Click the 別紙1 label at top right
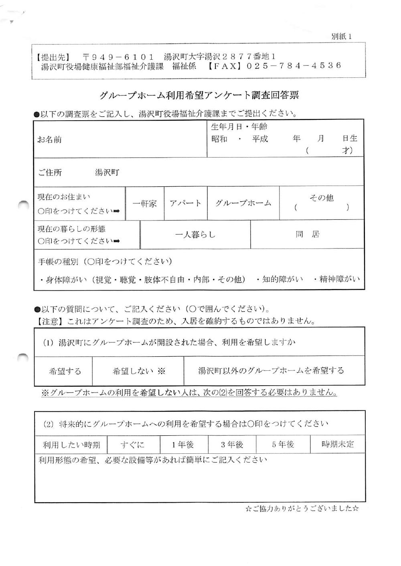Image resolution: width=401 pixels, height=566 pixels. click(x=341, y=36)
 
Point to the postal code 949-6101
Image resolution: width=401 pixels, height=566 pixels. click(x=118, y=57)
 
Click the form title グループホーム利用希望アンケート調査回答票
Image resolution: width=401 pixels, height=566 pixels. click(x=199, y=95)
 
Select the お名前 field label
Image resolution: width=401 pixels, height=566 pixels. click(x=50, y=140)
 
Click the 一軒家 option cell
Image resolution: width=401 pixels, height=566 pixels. click(x=145, y=204)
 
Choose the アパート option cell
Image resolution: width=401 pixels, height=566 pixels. click(x=186, y=203)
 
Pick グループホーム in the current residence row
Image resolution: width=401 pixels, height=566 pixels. click(x=243, y=203)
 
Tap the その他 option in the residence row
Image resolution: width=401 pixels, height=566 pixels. click(x=322, y=198)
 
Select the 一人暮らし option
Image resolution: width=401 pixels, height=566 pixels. click(x=195, y=234)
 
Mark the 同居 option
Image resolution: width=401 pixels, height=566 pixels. click(x=308, y=234)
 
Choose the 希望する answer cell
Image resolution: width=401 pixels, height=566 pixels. click(x=65, y=371)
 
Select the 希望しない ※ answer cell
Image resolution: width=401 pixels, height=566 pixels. click(x=138, y=371)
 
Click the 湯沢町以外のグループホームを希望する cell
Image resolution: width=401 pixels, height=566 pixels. click(x=271, y=370)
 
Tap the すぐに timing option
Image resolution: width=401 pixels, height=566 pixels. click(x=132, y=445)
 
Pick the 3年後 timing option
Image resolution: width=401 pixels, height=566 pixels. click(x=232, y=445)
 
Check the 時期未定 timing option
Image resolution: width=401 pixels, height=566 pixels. click(x=338, y=444)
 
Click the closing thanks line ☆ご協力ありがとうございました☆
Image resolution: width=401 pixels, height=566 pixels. click(x=302, y=509)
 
